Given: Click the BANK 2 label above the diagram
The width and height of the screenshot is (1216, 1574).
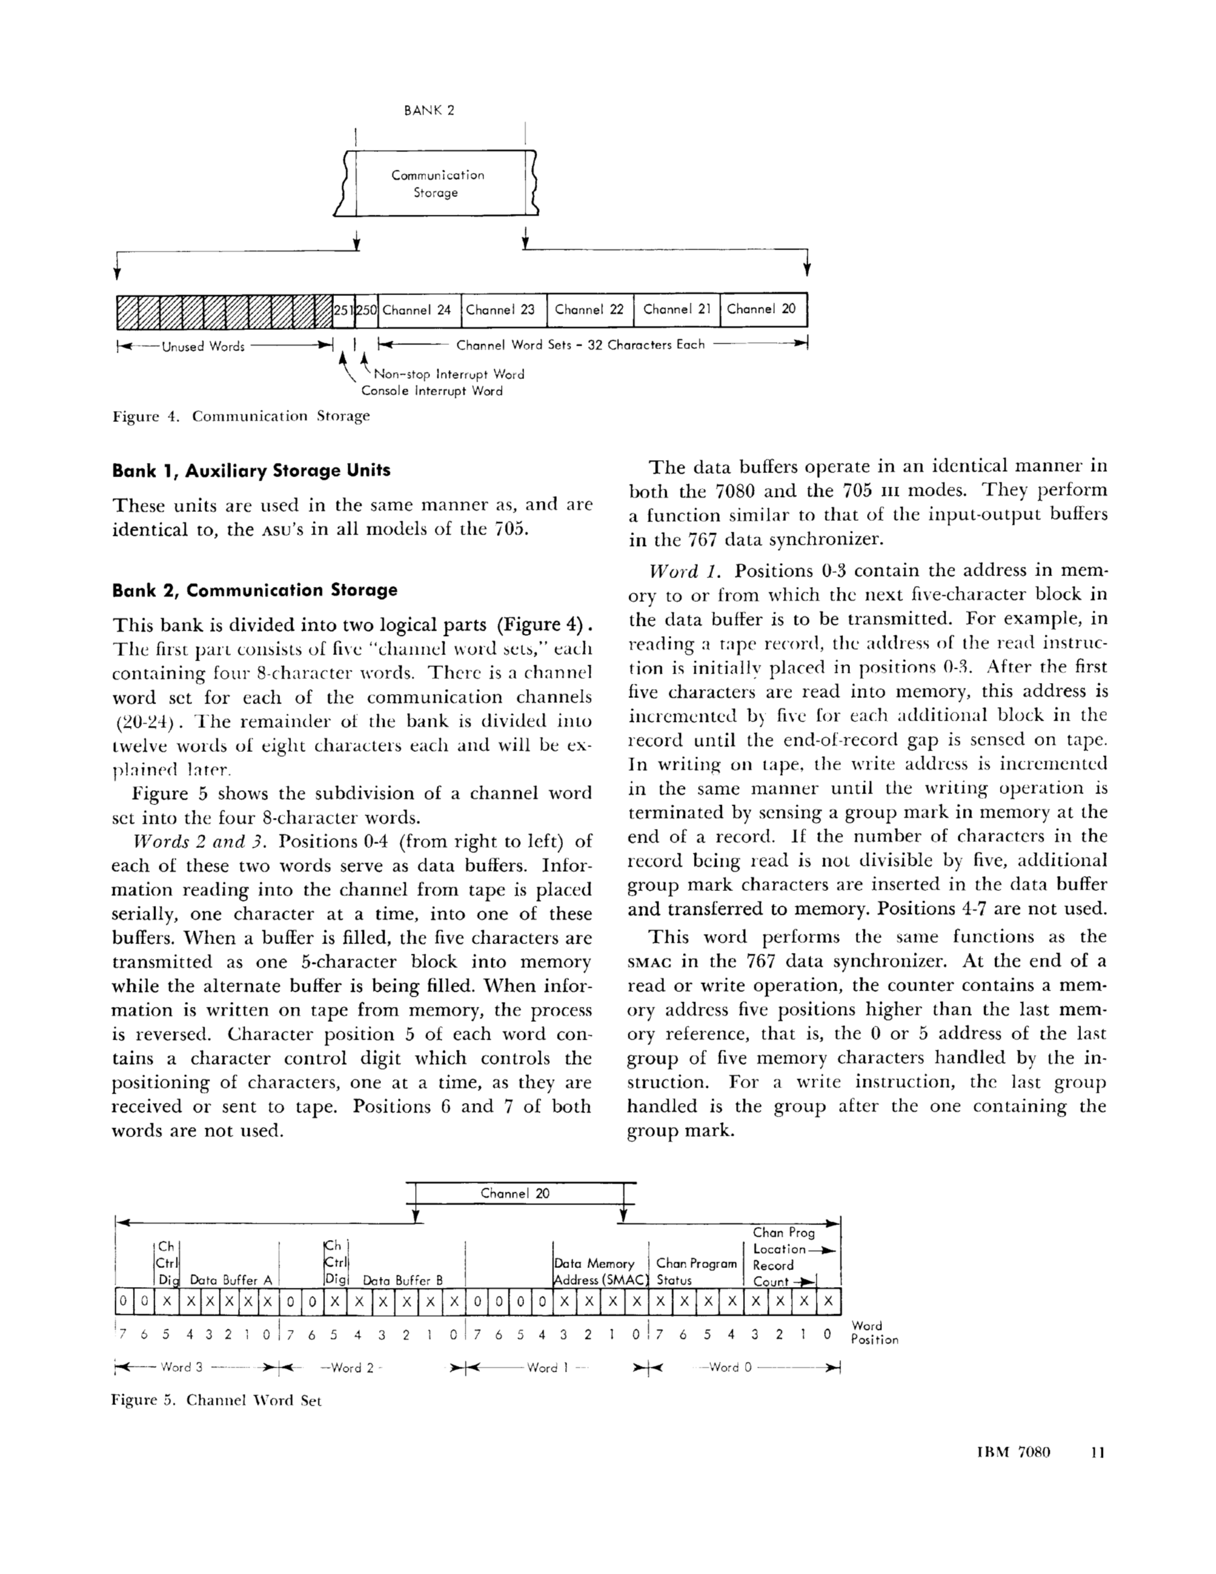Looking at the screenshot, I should click(429, 111).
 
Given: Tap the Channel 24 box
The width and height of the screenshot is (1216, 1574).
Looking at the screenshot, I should click(416, 310).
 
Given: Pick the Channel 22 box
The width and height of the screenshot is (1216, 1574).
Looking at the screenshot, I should click(589, 310).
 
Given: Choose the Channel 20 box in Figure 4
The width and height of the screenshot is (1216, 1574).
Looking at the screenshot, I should click(762, 309).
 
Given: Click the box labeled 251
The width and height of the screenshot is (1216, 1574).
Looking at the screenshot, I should click(344, 311).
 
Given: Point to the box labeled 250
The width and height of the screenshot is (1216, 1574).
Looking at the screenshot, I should click(366, 311).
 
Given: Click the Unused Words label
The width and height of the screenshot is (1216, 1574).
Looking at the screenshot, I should click(203, 347).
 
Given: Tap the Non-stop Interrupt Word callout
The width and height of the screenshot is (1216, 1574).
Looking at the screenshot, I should click(449, 375).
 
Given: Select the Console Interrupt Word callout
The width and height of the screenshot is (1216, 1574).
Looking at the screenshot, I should click(431, 391).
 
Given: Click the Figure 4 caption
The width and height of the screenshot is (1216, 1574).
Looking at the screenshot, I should click(241, 417).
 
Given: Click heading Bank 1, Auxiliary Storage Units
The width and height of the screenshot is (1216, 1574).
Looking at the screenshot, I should click(251, 470).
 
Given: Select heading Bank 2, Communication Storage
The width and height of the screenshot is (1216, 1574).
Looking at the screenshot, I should click(254, 590).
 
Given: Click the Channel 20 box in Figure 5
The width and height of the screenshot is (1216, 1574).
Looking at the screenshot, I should click(515, 1194).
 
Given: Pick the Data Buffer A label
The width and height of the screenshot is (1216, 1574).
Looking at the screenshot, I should click(230, 1280).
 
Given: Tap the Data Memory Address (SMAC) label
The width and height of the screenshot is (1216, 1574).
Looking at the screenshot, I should click(601, 1272).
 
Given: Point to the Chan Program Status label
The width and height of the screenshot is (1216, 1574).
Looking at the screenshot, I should click(697, 1272).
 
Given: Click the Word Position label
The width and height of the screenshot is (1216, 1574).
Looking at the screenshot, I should click(875, 1333).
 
